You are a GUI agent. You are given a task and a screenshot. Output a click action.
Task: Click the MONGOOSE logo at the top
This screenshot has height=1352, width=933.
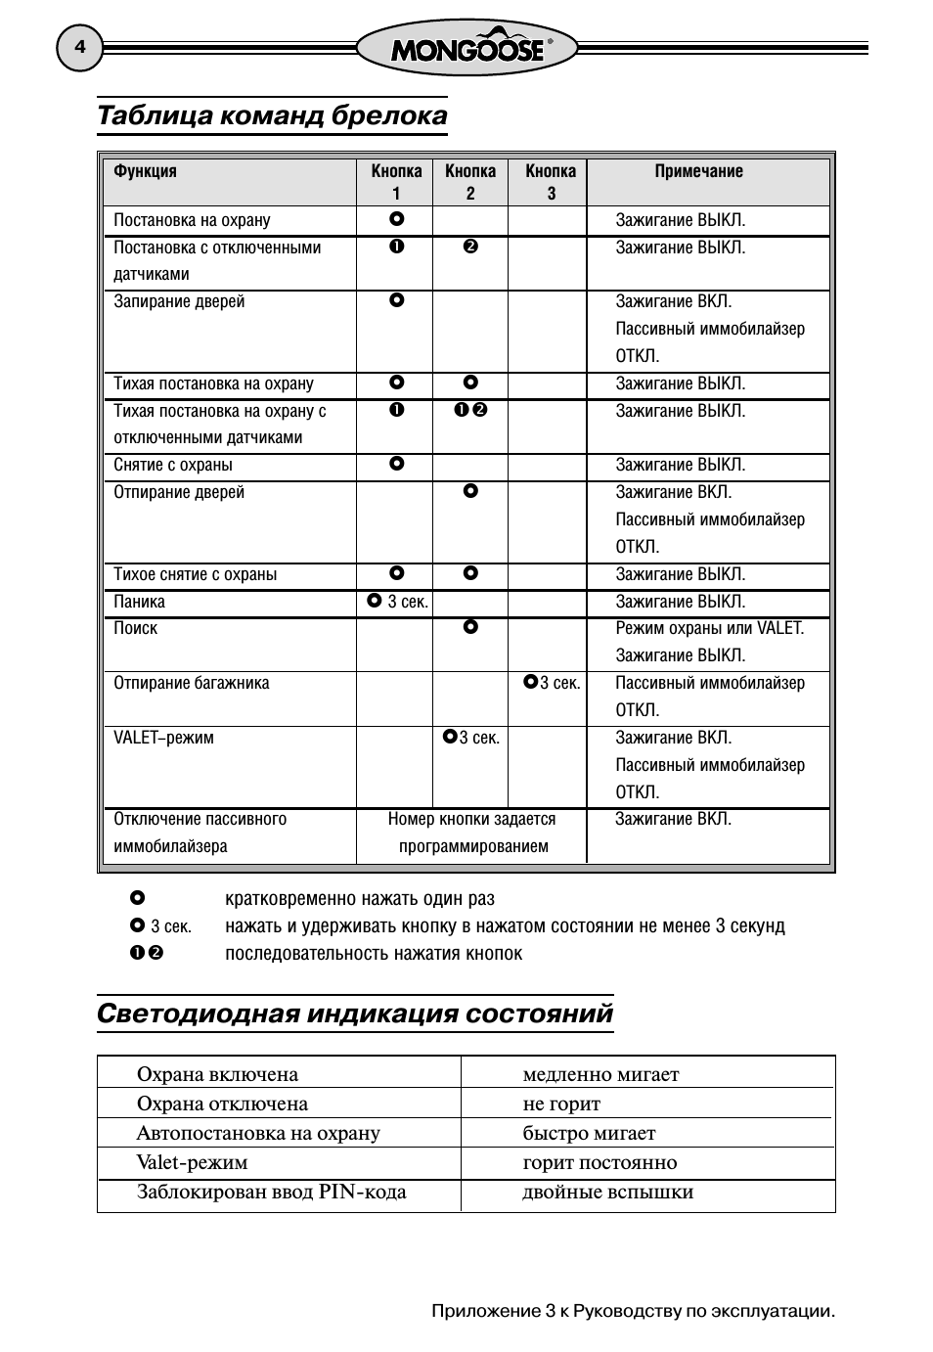point(466,48)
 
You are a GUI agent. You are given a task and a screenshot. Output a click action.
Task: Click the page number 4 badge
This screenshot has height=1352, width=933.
point(79,48)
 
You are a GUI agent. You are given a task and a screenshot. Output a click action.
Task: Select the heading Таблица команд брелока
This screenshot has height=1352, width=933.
point(272,115)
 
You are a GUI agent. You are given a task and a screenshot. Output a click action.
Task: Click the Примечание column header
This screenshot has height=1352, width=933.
point(698,171)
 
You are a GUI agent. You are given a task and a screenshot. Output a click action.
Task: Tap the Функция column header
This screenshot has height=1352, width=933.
point(145,171)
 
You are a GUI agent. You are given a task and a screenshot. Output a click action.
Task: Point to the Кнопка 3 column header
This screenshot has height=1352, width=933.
point(550,182)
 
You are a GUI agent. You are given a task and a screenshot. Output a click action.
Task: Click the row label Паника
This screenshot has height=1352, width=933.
point(139,602)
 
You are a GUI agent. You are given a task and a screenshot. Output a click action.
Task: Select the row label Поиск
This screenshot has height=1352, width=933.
point(135,628)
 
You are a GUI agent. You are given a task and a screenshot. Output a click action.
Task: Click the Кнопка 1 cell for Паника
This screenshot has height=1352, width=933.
point(396,602)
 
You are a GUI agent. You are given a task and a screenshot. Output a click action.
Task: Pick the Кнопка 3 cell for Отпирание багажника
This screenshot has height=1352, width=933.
point(551,683)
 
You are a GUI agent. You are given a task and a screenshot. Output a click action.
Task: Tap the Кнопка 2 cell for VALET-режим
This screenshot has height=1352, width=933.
point(470,738)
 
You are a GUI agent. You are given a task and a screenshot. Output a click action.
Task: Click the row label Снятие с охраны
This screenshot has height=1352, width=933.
point(173,465)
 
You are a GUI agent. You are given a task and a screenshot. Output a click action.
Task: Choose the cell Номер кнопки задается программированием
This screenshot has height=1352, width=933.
point(471,833)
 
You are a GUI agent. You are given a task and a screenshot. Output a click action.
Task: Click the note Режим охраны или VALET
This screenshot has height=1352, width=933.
point(709,628)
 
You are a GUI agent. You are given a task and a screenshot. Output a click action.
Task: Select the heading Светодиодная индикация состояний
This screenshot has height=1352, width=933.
point(355,1013)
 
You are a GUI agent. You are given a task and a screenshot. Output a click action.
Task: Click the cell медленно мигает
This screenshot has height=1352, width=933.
point(600,1074)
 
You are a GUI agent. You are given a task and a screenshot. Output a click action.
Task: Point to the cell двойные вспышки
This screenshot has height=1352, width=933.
point(607,1192)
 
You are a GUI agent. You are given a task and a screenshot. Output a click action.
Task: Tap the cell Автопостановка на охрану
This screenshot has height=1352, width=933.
point(258,1133)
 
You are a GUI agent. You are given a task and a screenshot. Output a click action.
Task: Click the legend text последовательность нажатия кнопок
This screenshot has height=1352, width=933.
point(374,953)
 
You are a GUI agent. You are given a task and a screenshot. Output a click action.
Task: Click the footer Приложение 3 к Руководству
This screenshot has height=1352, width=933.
point(633,1311)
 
